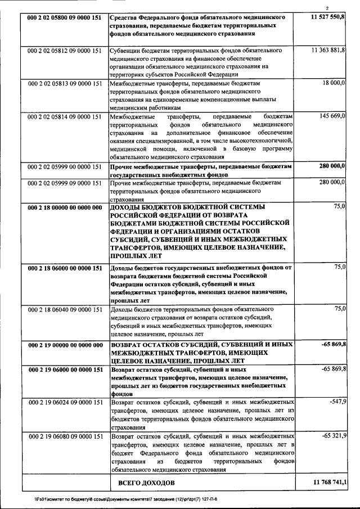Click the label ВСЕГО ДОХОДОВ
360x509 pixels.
[x=146, y=483]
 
